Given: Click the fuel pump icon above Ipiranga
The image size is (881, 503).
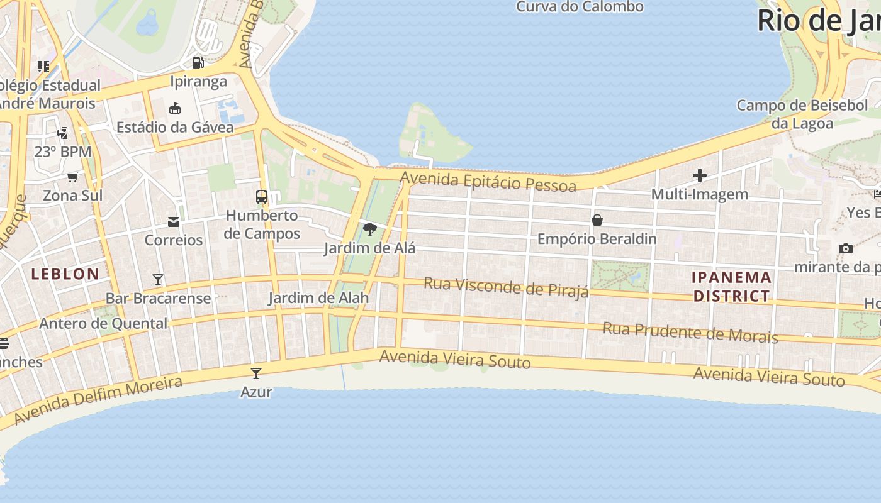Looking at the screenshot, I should coord(198,63).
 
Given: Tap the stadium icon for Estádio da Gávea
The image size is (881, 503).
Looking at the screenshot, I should coord(175,109).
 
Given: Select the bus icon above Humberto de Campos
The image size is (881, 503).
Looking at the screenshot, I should coord(262,196).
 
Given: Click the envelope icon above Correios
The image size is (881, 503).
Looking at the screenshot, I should coord(174,221).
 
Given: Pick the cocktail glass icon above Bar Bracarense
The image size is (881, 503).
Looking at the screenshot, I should coord(158,279).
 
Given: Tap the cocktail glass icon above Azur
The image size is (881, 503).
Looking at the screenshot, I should coord(256,373).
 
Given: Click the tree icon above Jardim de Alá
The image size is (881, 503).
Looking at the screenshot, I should coord(370,229).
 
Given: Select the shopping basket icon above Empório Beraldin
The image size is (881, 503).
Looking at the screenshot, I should coord(597,220).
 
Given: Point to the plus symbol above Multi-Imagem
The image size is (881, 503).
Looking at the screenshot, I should coord(700,175).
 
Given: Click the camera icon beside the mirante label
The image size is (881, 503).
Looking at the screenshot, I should coord(846,248).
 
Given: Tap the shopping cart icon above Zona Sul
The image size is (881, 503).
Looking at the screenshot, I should coord(73,177).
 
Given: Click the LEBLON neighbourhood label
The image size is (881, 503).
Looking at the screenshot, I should coord(65,274).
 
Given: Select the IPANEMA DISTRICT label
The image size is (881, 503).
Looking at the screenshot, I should coord(731,286).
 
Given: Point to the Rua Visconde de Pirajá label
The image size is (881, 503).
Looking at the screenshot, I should coord(506,286).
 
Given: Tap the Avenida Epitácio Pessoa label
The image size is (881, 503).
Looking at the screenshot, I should coord(488,182).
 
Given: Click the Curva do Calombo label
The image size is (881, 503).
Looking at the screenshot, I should coord(580,7).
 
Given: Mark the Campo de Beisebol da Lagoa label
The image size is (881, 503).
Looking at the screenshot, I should coord(802,114).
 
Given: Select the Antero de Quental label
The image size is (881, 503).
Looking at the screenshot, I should coord(103,324).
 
